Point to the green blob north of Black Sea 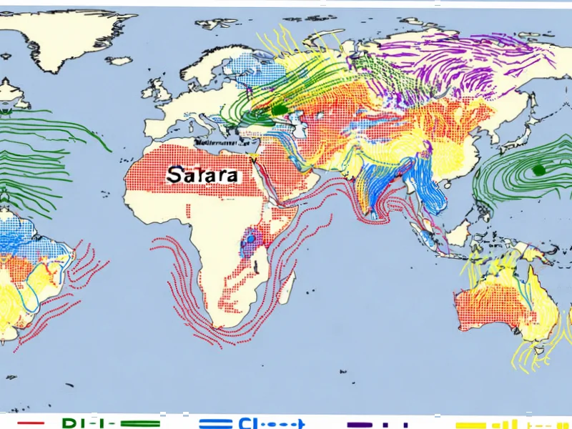[277, 109]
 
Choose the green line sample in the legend [136, 423]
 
